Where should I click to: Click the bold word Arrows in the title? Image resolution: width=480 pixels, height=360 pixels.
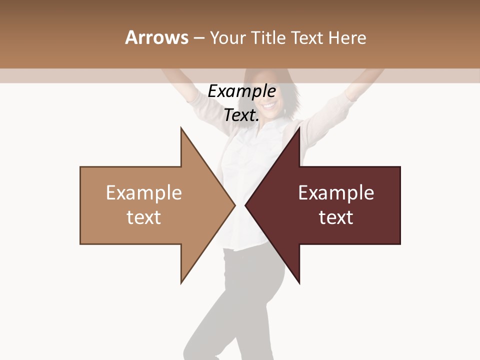[156, 37]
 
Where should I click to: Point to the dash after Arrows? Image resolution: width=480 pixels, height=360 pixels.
[198, 38]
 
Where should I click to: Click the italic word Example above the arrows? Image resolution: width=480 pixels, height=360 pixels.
[242, 91]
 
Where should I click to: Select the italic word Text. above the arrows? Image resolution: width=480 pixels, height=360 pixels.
[241, 115]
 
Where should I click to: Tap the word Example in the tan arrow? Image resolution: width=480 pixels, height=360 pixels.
[144, 193]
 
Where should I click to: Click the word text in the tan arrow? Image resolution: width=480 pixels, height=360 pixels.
[144, 217]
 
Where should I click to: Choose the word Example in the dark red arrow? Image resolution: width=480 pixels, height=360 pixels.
[336, 193]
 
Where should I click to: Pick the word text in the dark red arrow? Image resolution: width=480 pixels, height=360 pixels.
[336, 217]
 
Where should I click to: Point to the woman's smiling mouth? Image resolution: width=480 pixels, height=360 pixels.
[269, 106]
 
